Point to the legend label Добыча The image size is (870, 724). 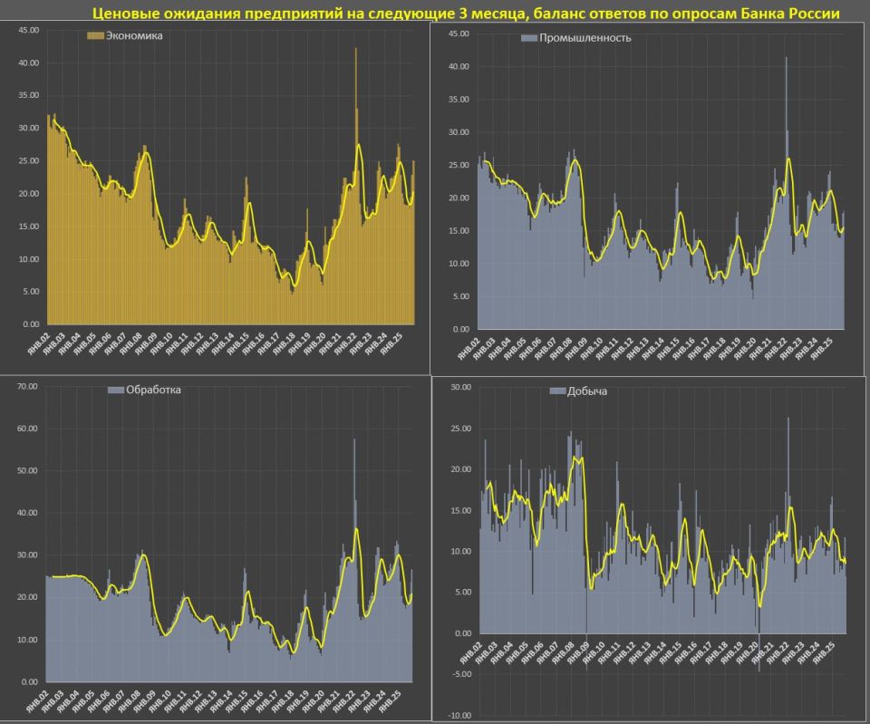(588, 391)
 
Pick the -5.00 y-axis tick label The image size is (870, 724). (460, 674)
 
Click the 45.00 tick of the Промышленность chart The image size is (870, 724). (458, 34)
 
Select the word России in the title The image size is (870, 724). (810, 14)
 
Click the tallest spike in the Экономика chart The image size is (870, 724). (355, 50)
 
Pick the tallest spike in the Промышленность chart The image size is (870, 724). (786, 59)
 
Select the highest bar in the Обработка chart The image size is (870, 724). (354, 440)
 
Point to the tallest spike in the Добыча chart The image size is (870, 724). (788, 419)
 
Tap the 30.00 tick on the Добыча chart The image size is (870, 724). (460, 387)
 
